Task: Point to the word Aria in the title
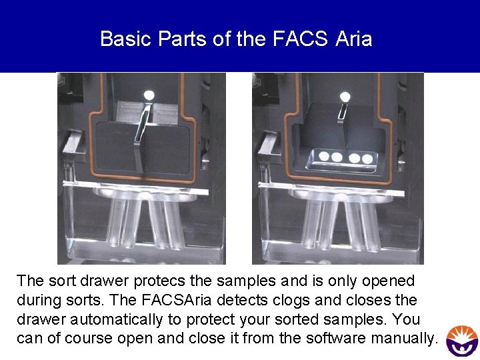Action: [354, 39]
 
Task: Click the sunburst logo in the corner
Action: [461, 341]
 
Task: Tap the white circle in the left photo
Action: [149, 95]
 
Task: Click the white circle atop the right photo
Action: [345, 96]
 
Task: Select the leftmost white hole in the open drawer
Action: [325, 157]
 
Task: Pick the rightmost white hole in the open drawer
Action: [366, 159]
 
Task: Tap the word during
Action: [39, 300]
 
